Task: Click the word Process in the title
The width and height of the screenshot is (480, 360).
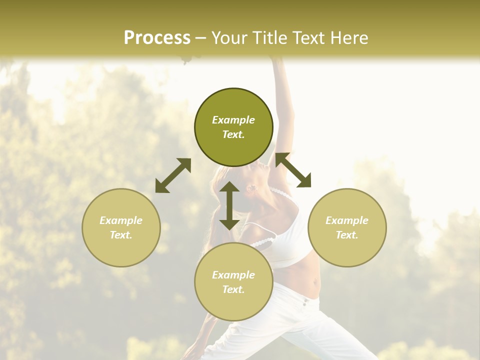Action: tap(157, 37)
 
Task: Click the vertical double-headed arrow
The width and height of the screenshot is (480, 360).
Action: tap(229, 205)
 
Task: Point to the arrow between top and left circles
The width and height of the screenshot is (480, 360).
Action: tap(173, 175)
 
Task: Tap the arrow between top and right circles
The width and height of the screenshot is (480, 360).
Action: tap(293, 170)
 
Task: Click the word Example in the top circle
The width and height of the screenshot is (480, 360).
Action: tap(233, 120)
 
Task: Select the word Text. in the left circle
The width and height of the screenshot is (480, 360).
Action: tap(121, 235)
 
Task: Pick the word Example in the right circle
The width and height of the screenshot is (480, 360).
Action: tap(347, 220)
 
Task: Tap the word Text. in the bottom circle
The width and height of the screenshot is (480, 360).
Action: tap(233, 289)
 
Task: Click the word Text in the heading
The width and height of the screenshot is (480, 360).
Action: tap(312, 37)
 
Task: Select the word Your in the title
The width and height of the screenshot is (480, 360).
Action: tap(230, 37)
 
